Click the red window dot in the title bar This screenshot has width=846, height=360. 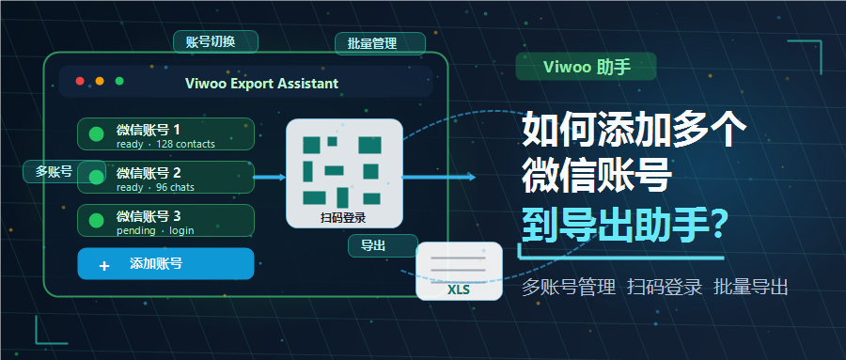80,81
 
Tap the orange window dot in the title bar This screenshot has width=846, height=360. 100,81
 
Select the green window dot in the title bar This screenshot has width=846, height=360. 119,81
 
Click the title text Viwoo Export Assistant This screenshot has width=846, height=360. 261,84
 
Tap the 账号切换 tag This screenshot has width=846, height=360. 215,42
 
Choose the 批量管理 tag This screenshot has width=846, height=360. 380,44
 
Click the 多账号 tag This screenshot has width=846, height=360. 64,172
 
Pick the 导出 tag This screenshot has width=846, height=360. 384,246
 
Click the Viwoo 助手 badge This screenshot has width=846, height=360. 586,67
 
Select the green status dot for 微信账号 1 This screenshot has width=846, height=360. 96,133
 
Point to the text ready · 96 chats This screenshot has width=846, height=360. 155,187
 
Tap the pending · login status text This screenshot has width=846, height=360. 155,230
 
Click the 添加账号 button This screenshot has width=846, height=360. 165,264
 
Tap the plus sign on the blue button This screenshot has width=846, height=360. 104,266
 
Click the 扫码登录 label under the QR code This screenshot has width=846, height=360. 343,218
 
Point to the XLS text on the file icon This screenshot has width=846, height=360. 459,290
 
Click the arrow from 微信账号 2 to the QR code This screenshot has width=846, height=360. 270,177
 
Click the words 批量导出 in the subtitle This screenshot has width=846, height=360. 750,287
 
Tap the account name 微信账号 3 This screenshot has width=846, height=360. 149,216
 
